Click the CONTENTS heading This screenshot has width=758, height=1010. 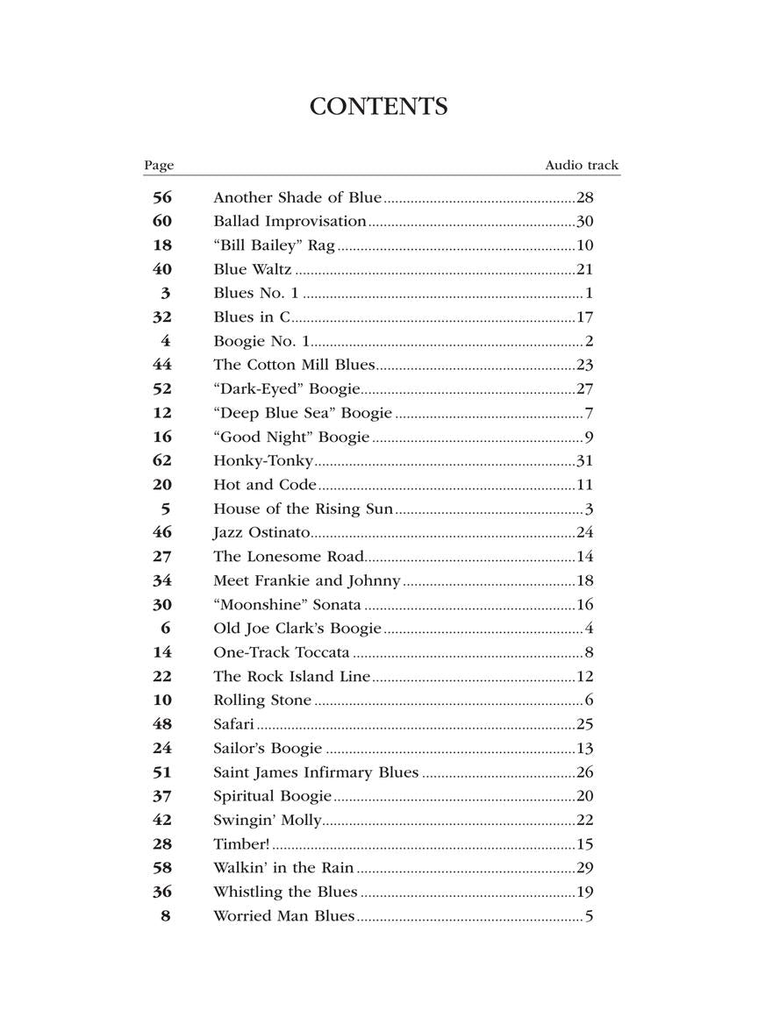coord(379,107)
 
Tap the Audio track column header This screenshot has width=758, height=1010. coord(581,165)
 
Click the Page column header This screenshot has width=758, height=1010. coord(159,165)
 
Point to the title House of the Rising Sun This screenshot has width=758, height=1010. coord(303,509)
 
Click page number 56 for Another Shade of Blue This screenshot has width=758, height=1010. coord(162,197)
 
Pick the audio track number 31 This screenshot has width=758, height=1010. coord(585,460)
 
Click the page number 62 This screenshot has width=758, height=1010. coord(162,460)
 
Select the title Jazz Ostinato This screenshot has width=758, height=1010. coord(261,532)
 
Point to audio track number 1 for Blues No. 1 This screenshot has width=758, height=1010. coord(590,293)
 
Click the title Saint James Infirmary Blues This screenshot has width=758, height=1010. coord(316,772)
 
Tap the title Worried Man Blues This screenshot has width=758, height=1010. coord(283,916)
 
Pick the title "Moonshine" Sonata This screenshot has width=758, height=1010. coord(287,604)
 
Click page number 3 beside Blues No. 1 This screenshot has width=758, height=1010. coord(166,293)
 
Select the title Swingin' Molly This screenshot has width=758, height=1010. coord(268,820)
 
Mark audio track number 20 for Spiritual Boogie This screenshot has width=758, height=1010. coord(585,796)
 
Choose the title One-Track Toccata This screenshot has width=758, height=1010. coord(282,652)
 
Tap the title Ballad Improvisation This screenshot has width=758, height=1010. coord(290,221)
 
